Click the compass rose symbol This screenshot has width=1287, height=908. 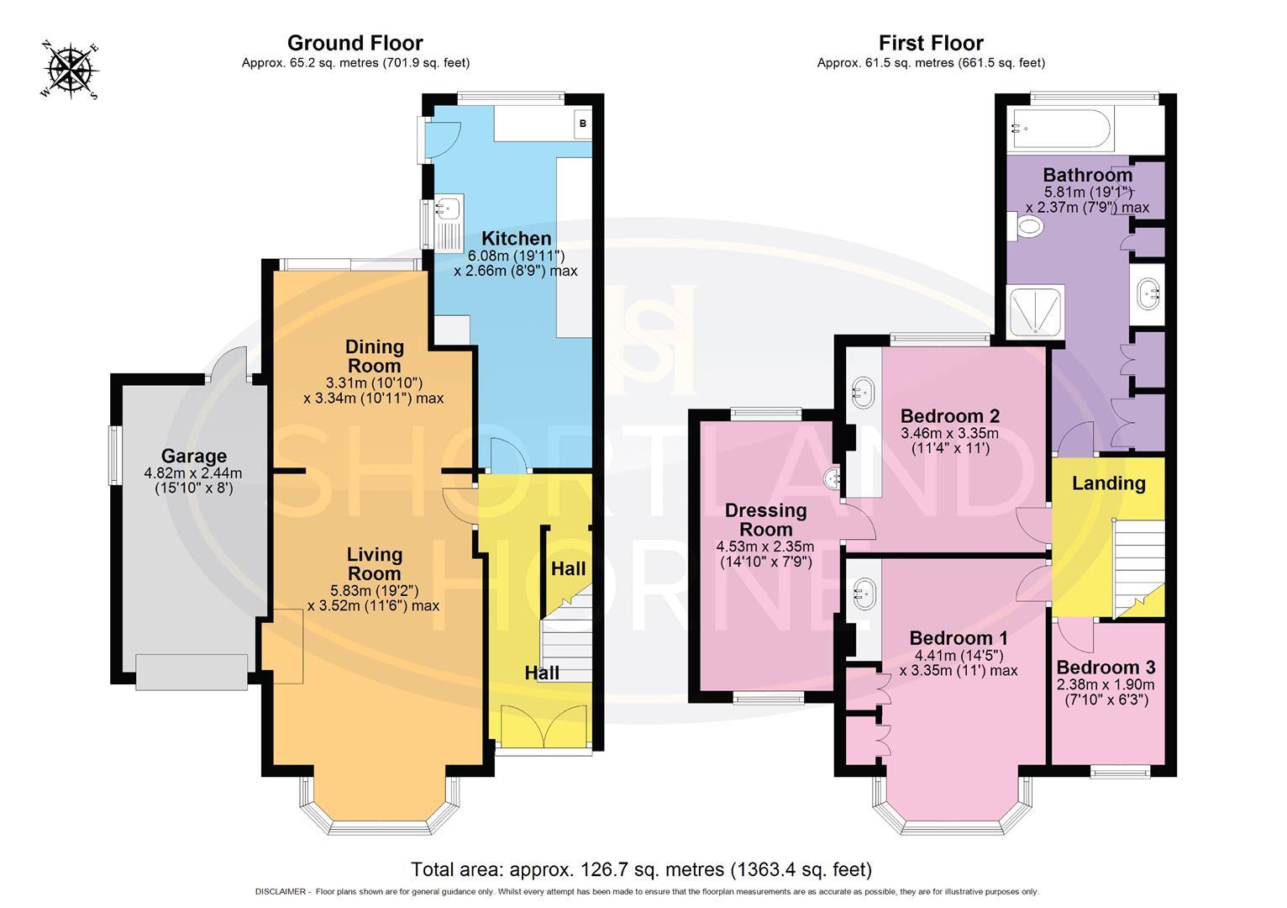[70, 71]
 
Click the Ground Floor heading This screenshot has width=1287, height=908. [355, 43]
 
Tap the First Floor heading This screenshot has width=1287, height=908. [931, 43]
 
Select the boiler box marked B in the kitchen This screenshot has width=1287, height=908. [583, 123]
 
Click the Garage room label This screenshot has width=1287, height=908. [193, 456]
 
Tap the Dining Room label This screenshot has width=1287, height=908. [375, 356]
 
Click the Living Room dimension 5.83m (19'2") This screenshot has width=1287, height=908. [374, 590]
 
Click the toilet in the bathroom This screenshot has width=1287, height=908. [1024, 224]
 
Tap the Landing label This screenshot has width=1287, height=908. [1108, 483]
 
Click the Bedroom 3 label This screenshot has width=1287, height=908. [1106, 667]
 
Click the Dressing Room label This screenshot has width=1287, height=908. [766, 520]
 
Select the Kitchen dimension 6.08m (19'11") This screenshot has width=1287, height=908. [516, 256]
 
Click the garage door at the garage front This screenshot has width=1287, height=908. [192, 671]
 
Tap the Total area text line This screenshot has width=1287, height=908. [641, 868]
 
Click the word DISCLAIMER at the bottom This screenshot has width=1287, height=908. [281, 892]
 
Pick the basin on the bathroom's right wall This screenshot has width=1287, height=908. [1148, 294]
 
